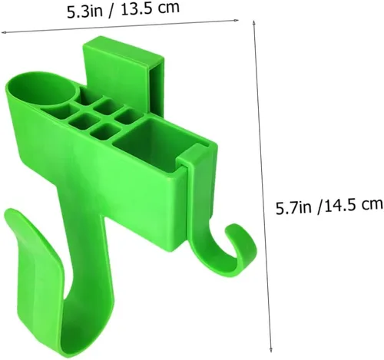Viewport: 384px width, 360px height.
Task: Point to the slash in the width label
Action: coord(111,12)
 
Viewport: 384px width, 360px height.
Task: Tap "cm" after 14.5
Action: coord(372,204)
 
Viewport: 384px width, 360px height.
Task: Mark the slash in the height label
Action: coord(319,206)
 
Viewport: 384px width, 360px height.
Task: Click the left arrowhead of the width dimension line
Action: coord(3,32)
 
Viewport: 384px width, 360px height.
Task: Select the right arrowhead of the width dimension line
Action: coord(237,20)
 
